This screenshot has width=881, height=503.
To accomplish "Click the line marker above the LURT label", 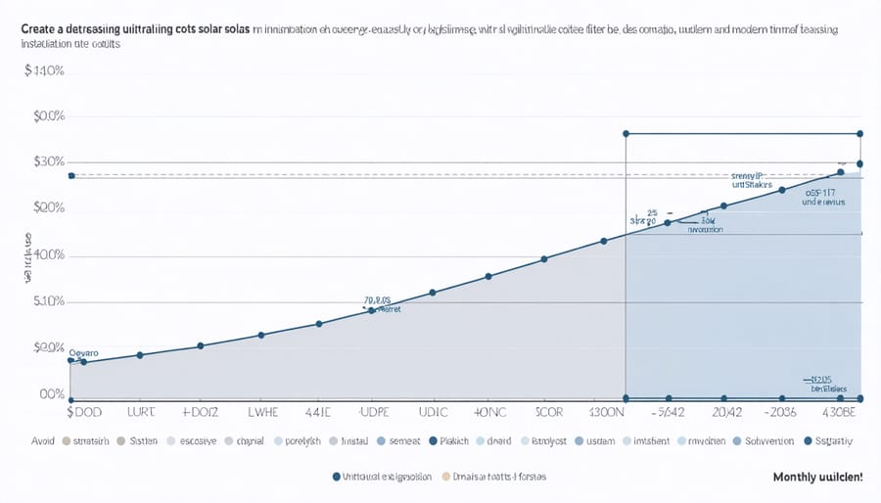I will click(x=140, y=354).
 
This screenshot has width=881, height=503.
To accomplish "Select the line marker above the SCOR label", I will click(x=544, y=258).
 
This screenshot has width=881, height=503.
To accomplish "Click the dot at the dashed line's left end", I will click(x=70, y=175).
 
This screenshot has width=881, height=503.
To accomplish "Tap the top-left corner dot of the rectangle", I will click(x=626, y=133).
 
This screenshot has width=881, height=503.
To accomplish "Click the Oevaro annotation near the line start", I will click(x=86, y=349).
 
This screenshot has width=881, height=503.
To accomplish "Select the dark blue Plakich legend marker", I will click(x=431, y=441).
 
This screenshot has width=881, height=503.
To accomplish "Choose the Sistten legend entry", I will click(x=143, y=441).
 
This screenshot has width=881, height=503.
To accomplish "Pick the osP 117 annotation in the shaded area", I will click(x=825, y=193).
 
